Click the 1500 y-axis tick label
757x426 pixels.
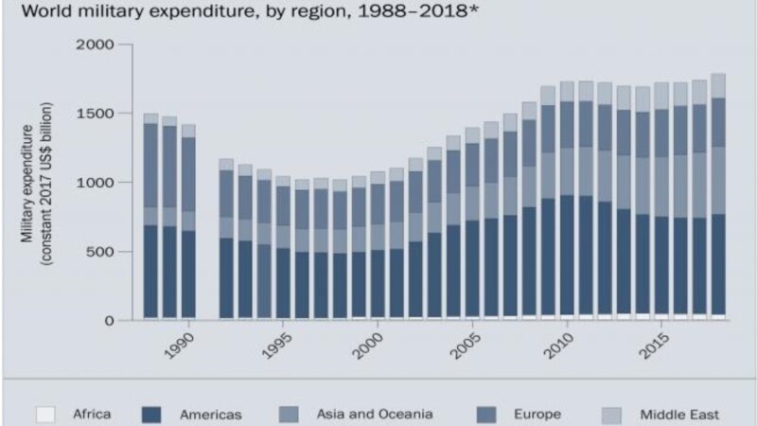[x=96, y=114]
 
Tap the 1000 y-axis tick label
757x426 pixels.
[x=96, y=183]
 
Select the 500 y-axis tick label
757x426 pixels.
[x=100, y=252]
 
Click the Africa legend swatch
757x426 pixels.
[x=44, y=414]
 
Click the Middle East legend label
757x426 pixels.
[x=679, y=414]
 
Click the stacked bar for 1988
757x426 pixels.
[x=150, y=217]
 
